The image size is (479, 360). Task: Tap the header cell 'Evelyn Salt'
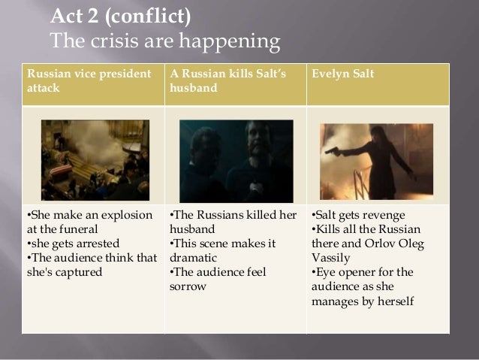tap(345, 75)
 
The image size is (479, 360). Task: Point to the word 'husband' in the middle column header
tap(192, 88)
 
